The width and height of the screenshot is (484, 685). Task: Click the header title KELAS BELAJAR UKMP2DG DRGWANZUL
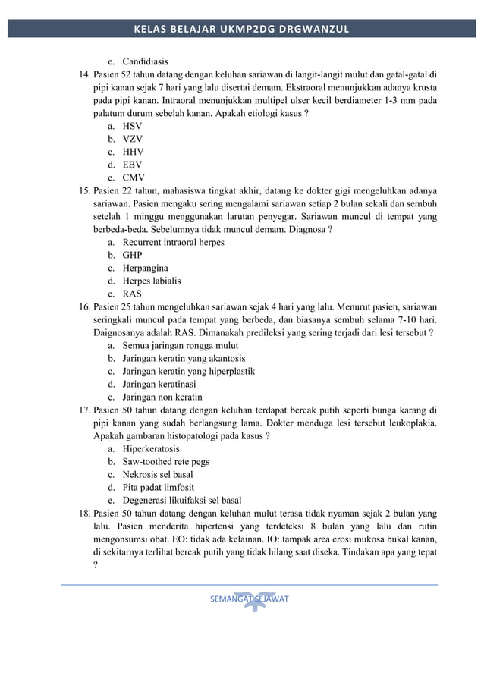(x=241, y=30)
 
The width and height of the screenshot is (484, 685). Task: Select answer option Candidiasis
(x=145, y=61)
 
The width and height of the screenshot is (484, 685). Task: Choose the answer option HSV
(x=132, y=126)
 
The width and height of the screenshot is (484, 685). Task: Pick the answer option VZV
(x=132, y=139)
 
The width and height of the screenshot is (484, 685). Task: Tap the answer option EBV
(x=132, y=165)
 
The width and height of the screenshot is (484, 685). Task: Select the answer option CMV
(x=133, y=178)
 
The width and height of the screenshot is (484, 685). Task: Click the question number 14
(x=85, y=74)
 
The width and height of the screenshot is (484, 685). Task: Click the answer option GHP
(x=132, y=255)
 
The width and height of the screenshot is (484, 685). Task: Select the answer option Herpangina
(x=145, y=268)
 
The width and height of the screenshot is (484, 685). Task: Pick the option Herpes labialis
(x=151, y=281)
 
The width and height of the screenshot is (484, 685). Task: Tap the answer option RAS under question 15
(x=132, y=294)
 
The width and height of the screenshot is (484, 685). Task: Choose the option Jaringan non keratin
(x=162, y=397)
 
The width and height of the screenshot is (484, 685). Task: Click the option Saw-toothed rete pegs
(x=165, y=461)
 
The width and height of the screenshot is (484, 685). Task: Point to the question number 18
(x=85, y=513)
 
